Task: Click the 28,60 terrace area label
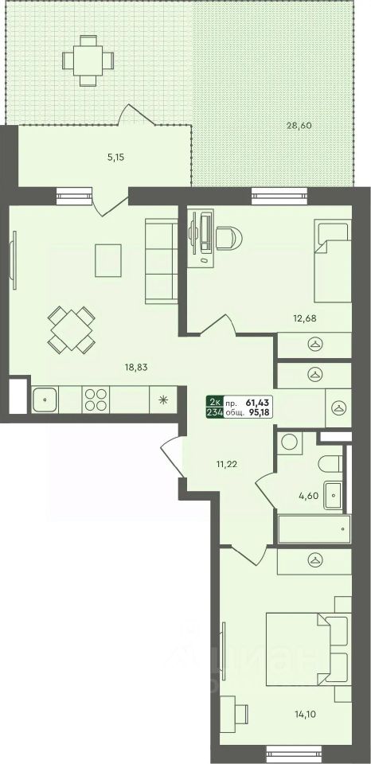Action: (300, 126)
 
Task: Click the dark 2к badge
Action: (213, 400)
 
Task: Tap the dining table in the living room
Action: (71, 330)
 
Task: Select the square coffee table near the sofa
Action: (109, 260)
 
